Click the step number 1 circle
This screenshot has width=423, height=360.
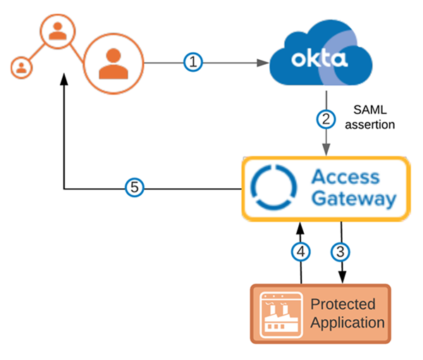coord(194,63)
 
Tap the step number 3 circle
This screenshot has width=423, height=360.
coord(342,250)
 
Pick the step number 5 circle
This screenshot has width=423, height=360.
coord(135,187)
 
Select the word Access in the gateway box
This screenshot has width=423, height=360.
coord(345,176)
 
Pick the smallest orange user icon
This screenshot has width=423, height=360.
coord(22,68)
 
